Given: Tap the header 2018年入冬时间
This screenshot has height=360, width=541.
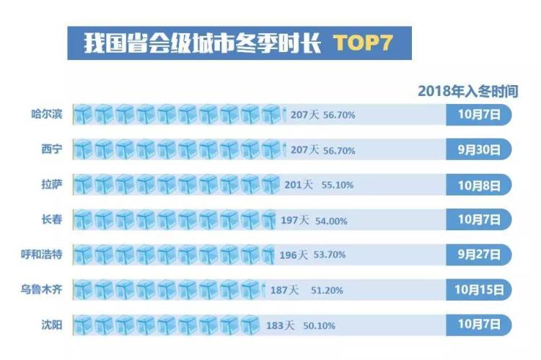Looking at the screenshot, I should coord(478,91).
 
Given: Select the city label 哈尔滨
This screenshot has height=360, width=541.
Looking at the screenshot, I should coord(51,113).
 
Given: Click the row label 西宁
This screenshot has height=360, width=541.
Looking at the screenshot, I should coord(51,149).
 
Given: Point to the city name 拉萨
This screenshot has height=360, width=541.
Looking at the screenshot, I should coord(51,184).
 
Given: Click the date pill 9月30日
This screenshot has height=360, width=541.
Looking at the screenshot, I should coord(479,150).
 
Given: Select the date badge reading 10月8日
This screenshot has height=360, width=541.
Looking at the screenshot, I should coord(479,185).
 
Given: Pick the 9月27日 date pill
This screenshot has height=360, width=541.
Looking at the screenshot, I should coord(479,255).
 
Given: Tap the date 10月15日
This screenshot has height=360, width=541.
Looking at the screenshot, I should coord(479,291).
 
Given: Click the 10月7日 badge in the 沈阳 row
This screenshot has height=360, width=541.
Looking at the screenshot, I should coord(479,325).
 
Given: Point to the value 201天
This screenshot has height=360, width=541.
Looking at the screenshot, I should coord(299,185).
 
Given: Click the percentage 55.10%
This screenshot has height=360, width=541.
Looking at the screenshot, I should coord(338,185).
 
